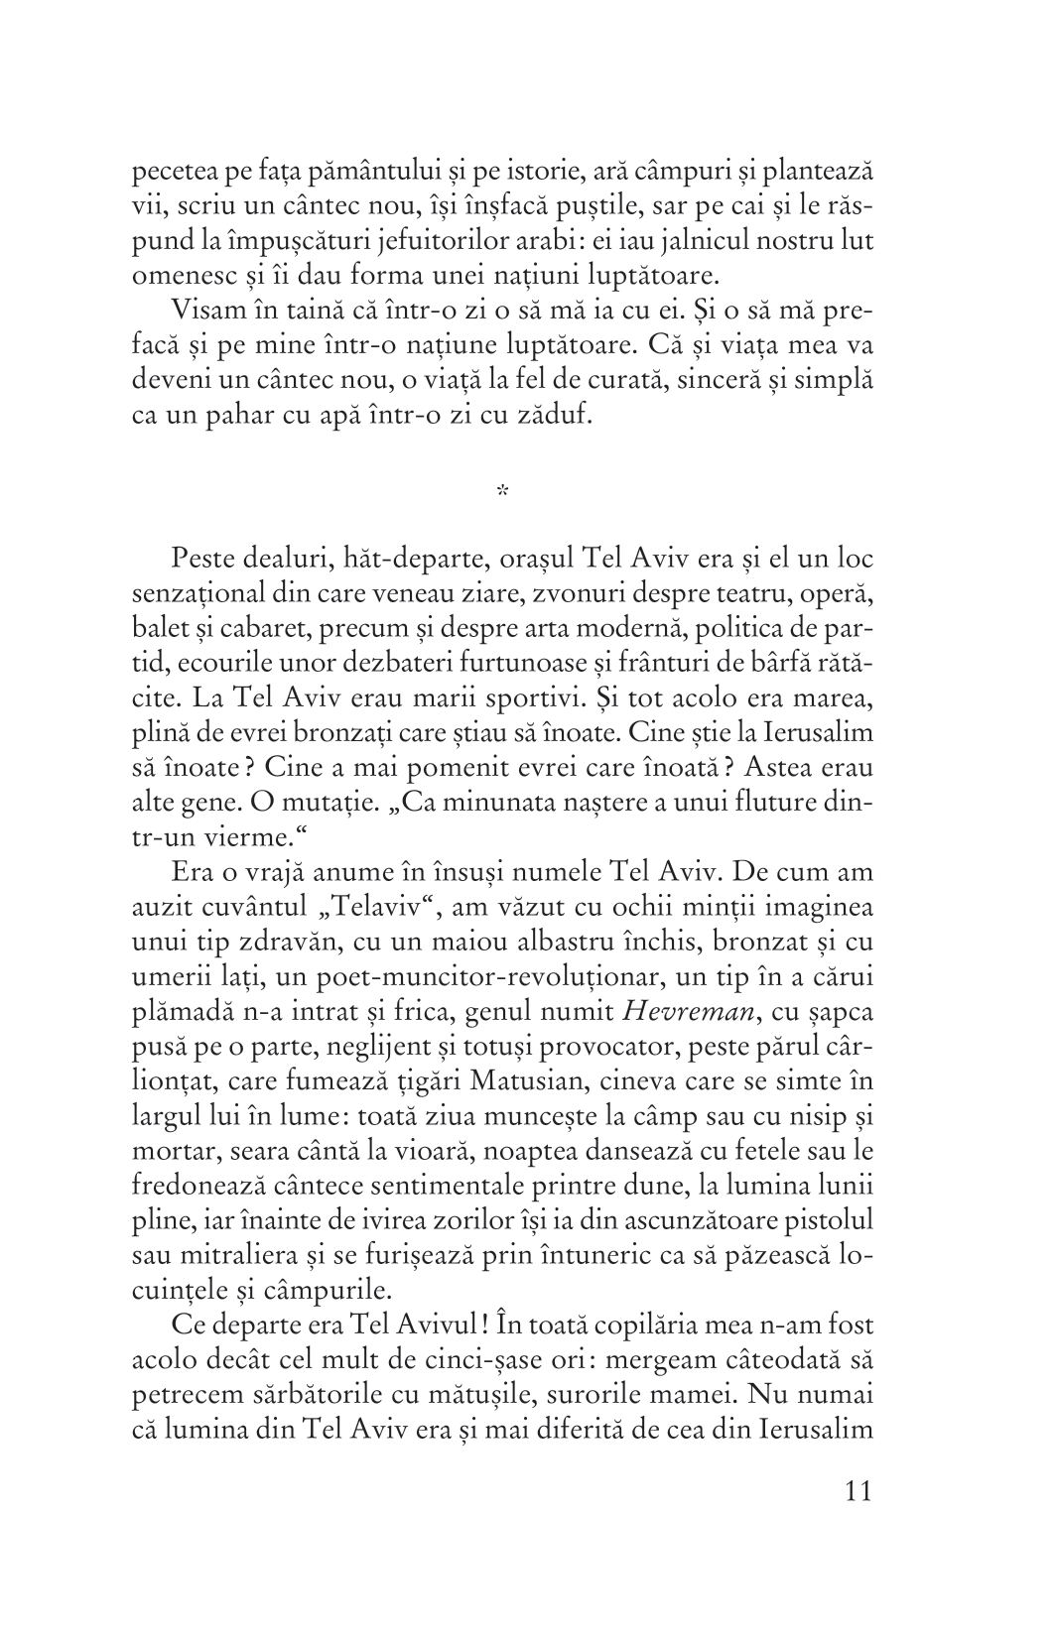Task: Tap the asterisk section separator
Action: click(x=502, y=489)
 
